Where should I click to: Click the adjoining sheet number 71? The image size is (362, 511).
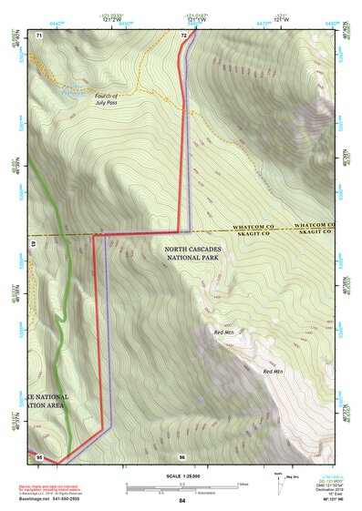click(40, 35)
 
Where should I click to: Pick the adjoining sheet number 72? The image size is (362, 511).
click(184, 35)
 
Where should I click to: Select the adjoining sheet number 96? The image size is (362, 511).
click(182, 455)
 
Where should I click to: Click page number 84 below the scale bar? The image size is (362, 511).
click(182, 501)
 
